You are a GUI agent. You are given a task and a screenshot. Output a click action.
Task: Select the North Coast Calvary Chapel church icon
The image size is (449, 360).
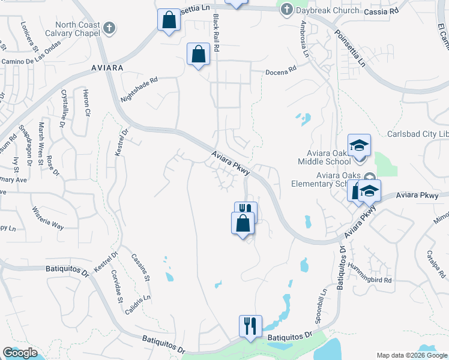point(109,27)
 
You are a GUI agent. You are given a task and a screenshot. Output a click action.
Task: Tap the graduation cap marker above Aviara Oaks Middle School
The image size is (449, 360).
point(359,145)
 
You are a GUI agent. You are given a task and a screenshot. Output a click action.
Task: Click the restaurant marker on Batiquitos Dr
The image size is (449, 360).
point(250,326)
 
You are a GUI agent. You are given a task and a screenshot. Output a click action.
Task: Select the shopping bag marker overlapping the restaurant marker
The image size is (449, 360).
point(243,223)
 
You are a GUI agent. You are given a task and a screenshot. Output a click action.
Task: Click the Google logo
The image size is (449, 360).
point(20,353)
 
